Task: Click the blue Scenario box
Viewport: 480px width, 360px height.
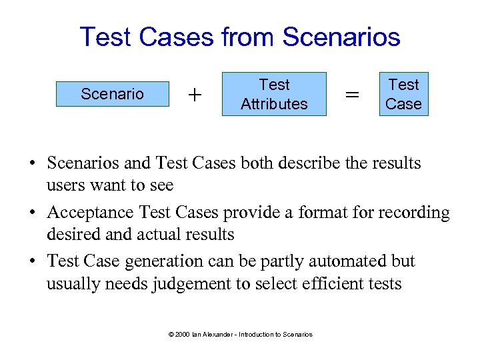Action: tap(112, 94)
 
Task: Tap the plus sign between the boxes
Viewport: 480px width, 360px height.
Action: tap(195, 95)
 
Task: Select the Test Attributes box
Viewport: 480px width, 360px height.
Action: tap(274, 94)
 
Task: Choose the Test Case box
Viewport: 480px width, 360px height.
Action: tap(403, 94)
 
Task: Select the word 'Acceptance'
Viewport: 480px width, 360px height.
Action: tap(90, 213)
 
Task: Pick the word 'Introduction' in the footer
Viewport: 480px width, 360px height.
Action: tap(257, 334)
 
